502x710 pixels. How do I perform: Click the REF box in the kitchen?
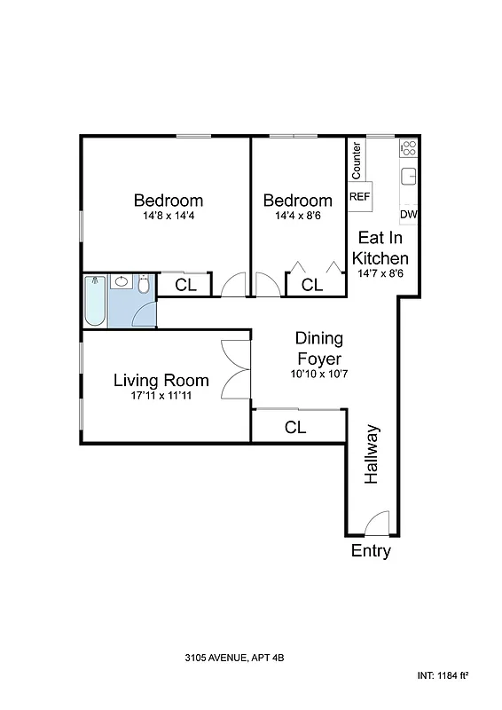(x=359, y=196)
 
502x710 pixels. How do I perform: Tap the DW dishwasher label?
(x=408, y=215)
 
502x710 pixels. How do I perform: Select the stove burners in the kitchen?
(x=408, y=148)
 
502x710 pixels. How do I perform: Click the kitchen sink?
(x=409, y=175)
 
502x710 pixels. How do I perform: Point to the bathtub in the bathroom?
(x=95, y=303)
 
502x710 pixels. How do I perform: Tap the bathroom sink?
(x=121, y=283)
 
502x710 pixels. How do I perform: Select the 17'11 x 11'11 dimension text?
(x=161, y=396)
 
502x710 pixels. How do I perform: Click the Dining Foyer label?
(x=318, y=349)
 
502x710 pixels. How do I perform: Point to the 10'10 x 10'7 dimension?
(x=318, y=375)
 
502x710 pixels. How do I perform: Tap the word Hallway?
(x=373, y=455)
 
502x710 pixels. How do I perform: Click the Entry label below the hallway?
(x=371, y=551)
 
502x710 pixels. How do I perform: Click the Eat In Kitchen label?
(x=380, y=248)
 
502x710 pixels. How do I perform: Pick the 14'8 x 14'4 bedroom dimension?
(x=168, y=216)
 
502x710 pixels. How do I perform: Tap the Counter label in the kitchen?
(x=357, y=159)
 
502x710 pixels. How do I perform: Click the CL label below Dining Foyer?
(x=295, y=428)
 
